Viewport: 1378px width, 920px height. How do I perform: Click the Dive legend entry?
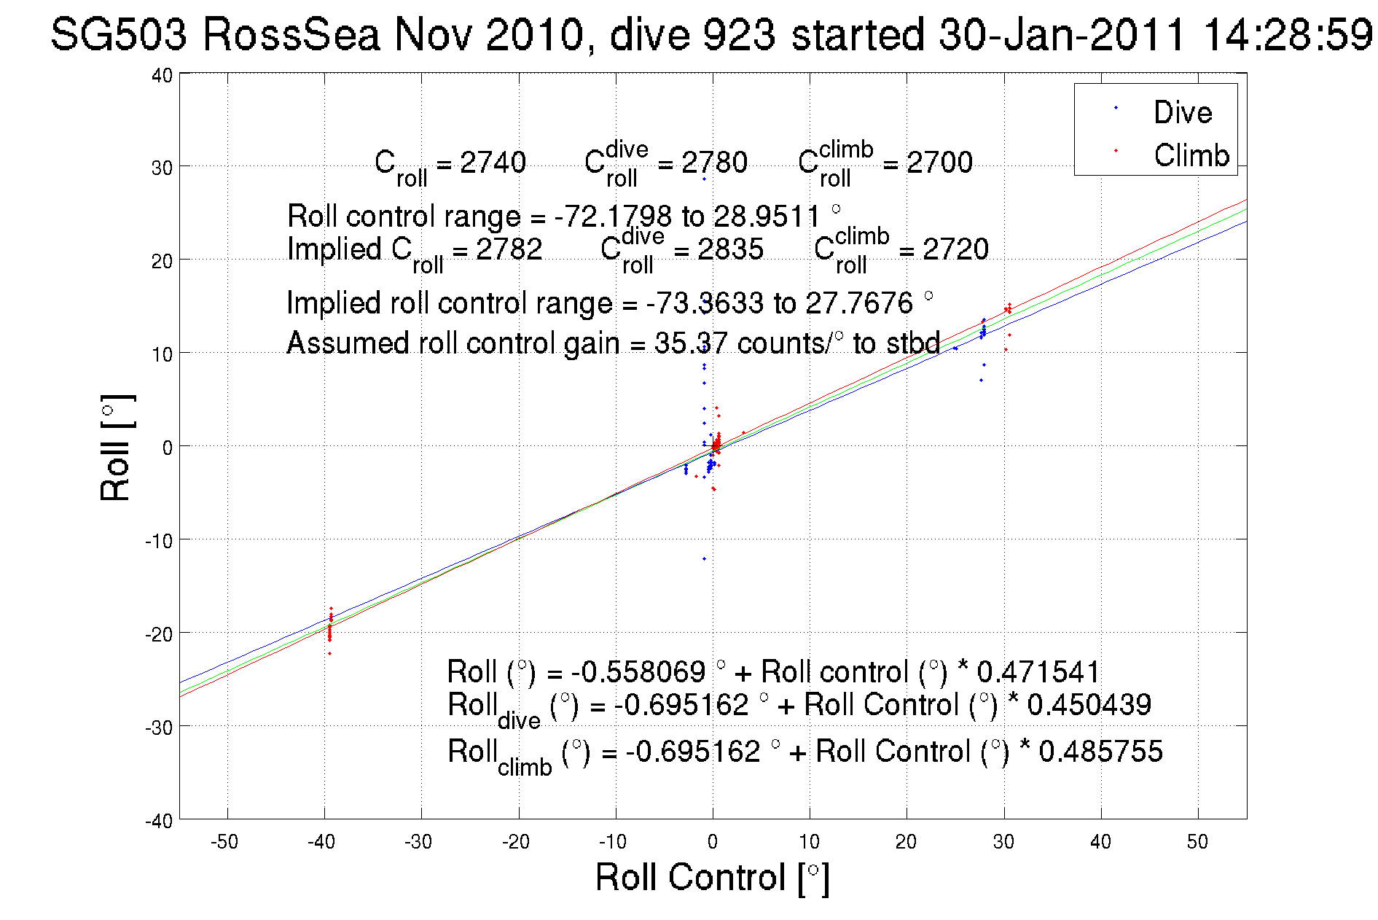[x=1182, y=112]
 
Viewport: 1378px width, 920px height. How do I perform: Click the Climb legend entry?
[x=1191, y=155]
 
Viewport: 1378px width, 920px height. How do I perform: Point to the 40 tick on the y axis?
[x=162, y=75]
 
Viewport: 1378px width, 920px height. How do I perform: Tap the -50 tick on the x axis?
[x=224, y=842]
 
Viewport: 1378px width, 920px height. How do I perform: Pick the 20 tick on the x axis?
[x=906, y=842]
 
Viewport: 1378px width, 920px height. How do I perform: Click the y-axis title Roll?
[x=116, y=448]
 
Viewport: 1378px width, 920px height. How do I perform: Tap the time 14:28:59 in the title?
[x=1288, y=34]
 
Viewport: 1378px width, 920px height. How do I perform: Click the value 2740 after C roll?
[x=493, y=163]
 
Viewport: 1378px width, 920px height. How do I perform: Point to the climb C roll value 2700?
[x=939, y=163]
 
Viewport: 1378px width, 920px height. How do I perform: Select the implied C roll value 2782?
[x=509, y=249]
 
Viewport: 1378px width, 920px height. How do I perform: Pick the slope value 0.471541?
[x=1038, y=671]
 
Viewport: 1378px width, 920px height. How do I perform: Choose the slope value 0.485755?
[x=1100, y=751]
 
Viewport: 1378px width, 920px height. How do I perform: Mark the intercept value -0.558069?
[x=638, y=671]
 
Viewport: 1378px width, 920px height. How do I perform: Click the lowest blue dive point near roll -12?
[x=704, y=559]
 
